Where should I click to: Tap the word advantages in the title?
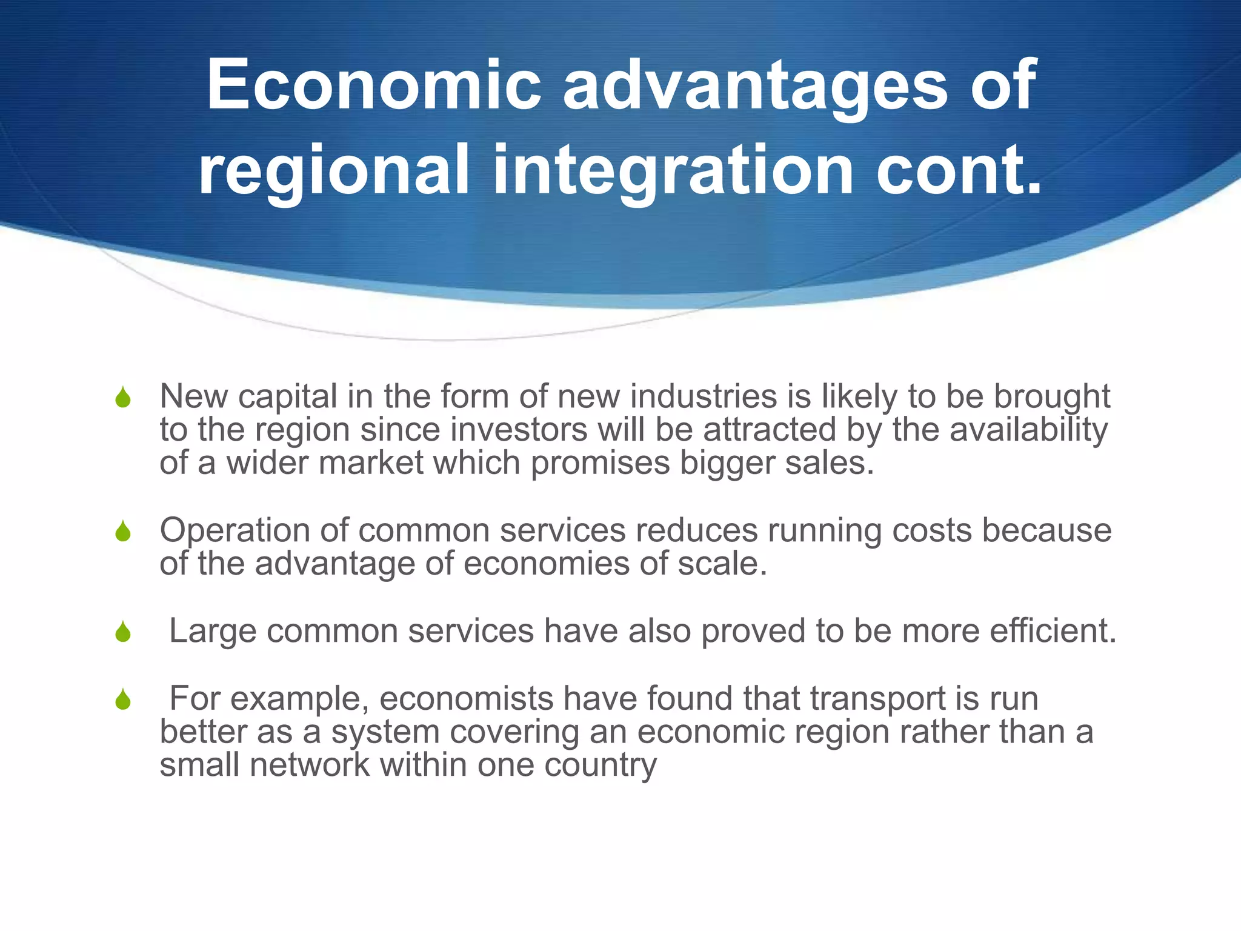[756, 86]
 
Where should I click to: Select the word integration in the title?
[674, 171]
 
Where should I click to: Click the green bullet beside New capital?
[123, 398]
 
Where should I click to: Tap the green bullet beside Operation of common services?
[123, 532]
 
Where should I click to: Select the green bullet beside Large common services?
[123, 632]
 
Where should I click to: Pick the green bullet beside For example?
[123, 699]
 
